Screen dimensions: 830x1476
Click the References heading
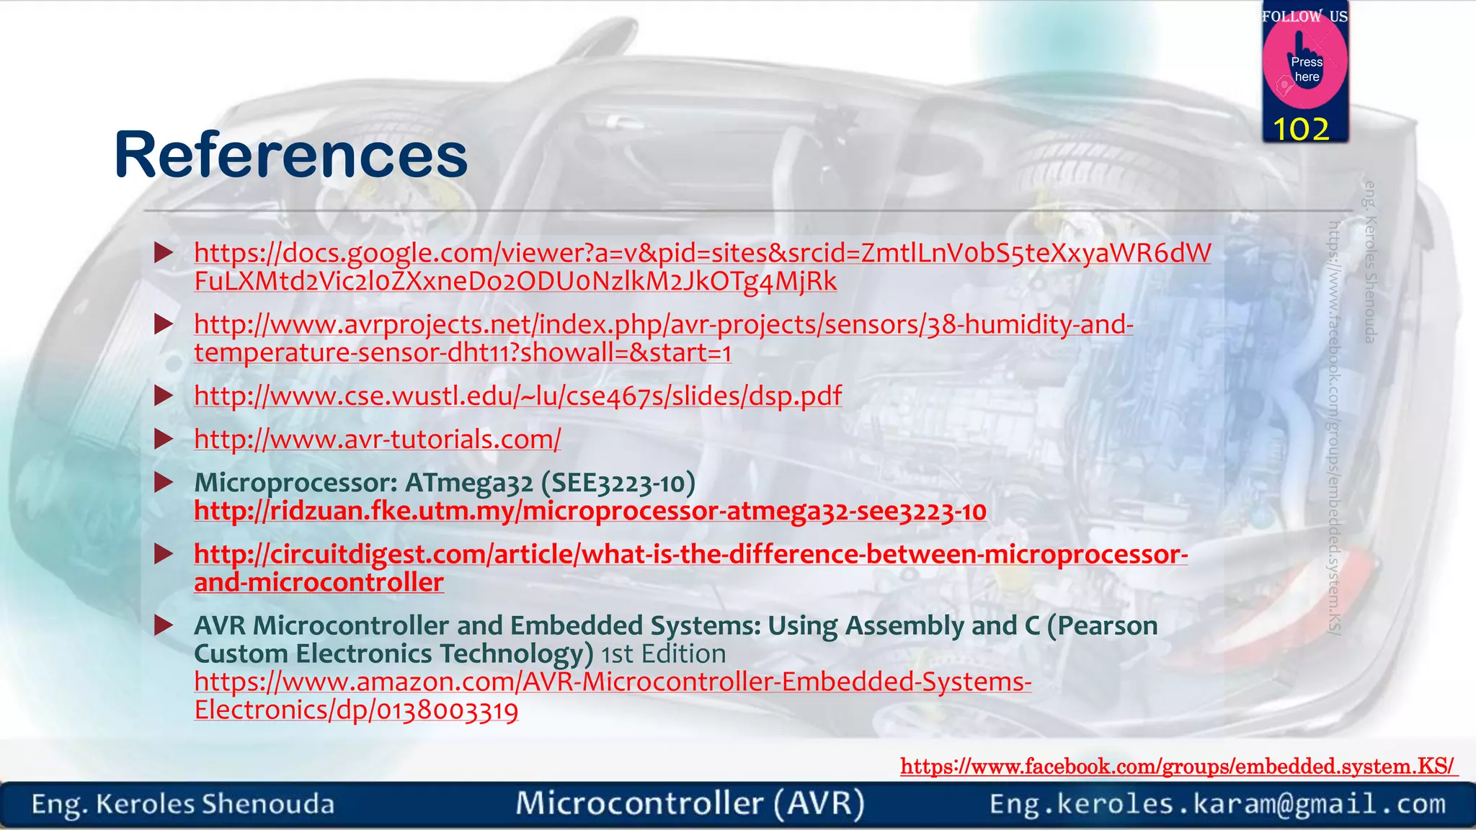pyautogui.click(x=291, y=154)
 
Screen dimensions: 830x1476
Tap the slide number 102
pyautogui.click(x=1301, y=130)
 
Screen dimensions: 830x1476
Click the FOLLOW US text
pyautogui.click(x=1304, y=16)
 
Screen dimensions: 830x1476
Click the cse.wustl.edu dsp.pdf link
pyautogui.click(x=517, y=396)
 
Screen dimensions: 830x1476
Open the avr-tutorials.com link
pyautogui.click(x=377, y=439)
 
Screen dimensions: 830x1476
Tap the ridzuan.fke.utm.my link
pyautogui.click(x=590, y=511)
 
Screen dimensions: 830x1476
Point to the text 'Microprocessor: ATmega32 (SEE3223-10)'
pyautogui.click(x=445, y=482)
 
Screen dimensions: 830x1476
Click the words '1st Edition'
pyautogui.click(x=664, y=653)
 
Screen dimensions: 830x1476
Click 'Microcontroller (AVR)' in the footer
pyautogui.click(x=690, y=803)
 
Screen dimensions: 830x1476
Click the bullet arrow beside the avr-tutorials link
pyautogui.click(x=164, y=439)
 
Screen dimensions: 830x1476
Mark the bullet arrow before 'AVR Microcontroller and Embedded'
pyautogui.click(x=164, y=625)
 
